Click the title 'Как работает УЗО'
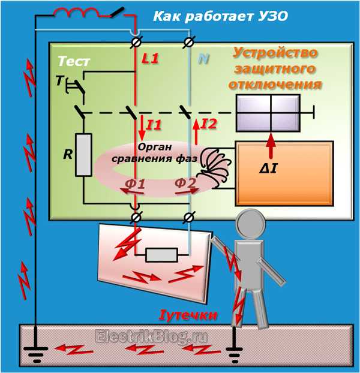coord(221,17)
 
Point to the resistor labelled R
coord(83,155)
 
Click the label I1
coord(154,125)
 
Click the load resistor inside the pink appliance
coord(162,256)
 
